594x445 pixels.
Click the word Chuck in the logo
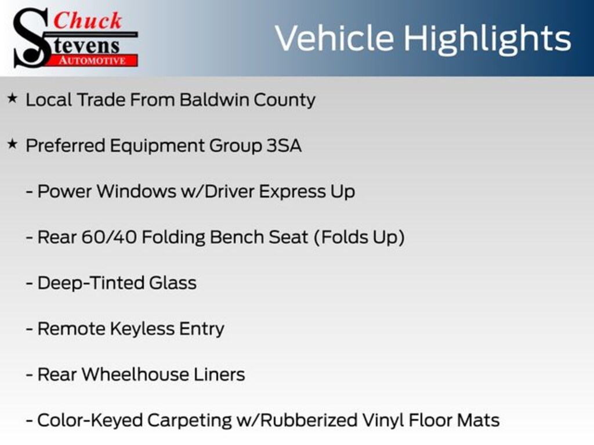tap(88, 20)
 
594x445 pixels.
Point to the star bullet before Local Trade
tap(12, 99)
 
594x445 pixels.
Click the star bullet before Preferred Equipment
tap(12, 145)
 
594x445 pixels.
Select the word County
tap(285, 100)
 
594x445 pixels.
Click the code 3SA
tap(284, 145)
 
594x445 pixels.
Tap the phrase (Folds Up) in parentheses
tap(359, 237)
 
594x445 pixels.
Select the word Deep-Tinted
tap(91, 283)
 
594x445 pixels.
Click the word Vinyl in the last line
tap(385, 420)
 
